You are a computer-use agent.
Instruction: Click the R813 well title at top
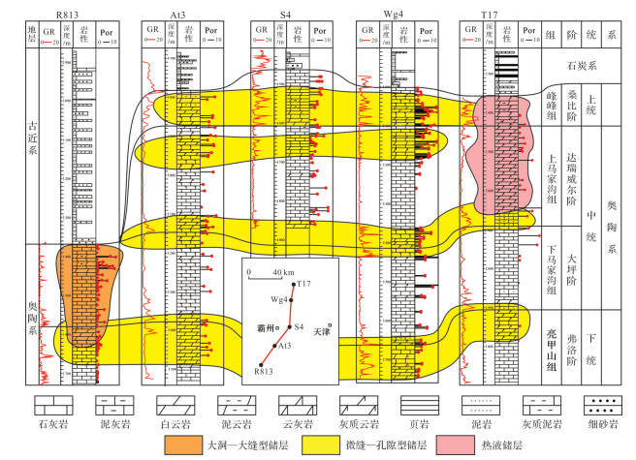(67, 15)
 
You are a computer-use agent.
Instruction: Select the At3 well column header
(178, 15)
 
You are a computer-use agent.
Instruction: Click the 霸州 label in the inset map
(269, 328)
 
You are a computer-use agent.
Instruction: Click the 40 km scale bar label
(283, 271)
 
